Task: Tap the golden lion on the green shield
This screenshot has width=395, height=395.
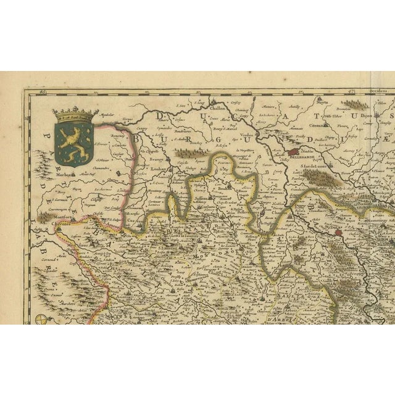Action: (x=73, y=141)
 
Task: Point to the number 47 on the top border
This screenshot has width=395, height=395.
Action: (x=354, y=91)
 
